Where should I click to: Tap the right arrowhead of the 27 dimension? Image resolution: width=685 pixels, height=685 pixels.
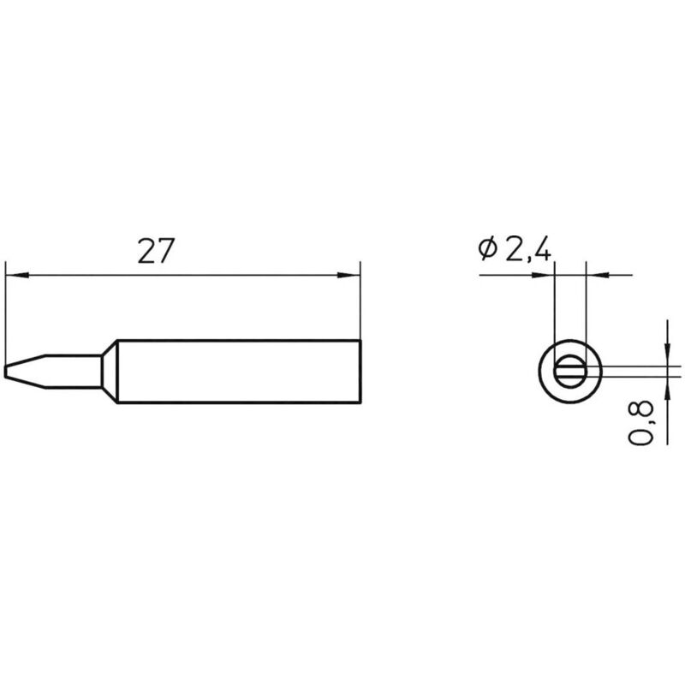(x=347, y=276)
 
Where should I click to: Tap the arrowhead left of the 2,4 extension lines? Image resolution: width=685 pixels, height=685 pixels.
(x=545, y=276)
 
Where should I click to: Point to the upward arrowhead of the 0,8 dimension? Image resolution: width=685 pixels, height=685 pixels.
(x=667, y=385)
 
